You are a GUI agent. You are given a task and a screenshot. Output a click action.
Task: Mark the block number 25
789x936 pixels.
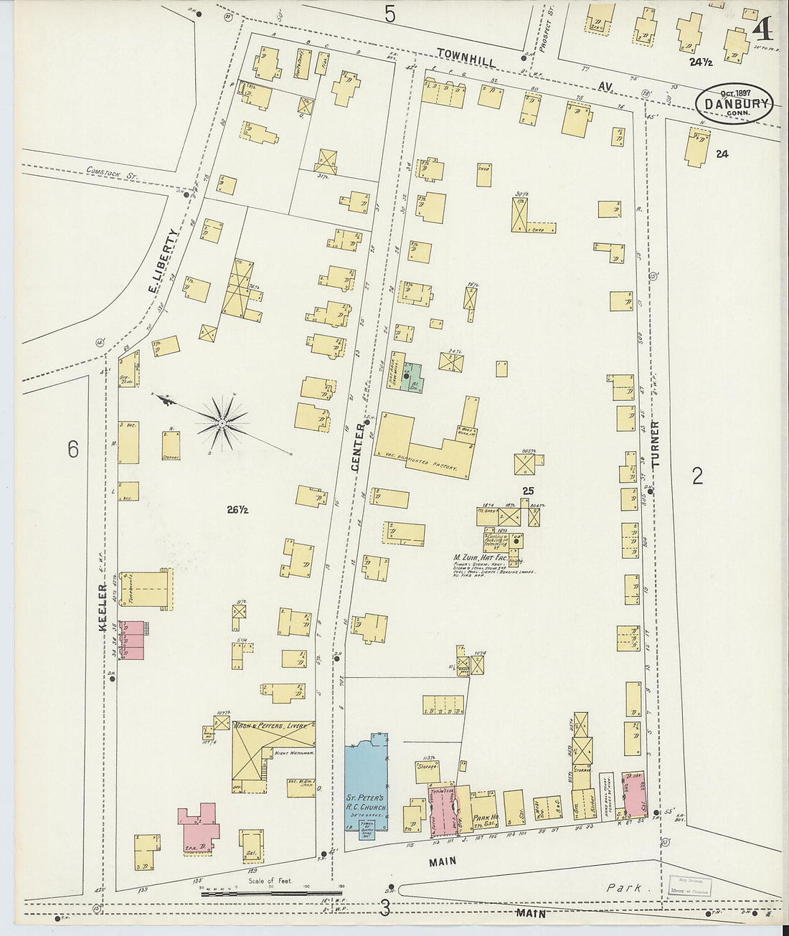pos(529,491)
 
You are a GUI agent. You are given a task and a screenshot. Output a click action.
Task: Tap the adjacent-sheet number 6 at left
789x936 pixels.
pos(73,450)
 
